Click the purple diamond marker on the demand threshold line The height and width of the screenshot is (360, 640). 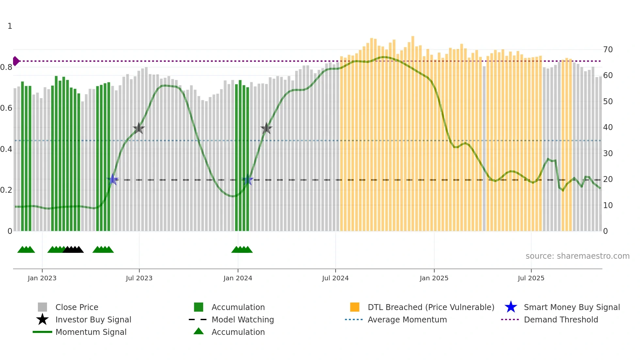pos(16,61)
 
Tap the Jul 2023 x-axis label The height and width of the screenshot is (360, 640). pos(139,278)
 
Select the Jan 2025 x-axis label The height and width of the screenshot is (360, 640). pos(434,278)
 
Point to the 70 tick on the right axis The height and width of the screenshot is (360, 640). pos(608,50)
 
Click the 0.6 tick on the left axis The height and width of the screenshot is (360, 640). pos(7,108)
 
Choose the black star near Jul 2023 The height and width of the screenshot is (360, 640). pos(139,128)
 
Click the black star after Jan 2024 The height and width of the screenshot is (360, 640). pos(266,128)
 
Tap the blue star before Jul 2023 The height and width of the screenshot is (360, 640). pos(113,180)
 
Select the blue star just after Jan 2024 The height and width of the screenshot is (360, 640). pos(248,180)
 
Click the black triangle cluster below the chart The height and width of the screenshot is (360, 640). pos(73,250)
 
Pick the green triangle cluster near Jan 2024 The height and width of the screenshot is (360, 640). pos(242,250)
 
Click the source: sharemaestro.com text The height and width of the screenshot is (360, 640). pos(577,256)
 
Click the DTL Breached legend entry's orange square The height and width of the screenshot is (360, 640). pos(355,307)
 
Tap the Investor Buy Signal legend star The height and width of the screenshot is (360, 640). pos(42,319)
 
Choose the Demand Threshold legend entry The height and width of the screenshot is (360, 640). pos(561,319)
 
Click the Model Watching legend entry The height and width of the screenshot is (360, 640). pos(242,319)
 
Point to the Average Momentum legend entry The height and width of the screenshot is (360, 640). pos(407,319)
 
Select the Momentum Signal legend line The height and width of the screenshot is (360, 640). pos(42,332)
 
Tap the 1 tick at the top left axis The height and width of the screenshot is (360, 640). pos(10,26)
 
